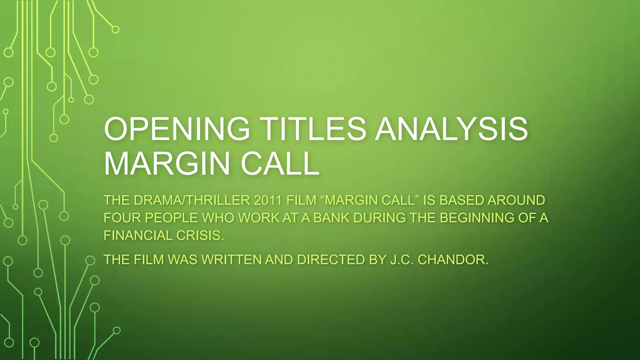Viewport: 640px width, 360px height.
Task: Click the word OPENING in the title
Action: pos(177,129)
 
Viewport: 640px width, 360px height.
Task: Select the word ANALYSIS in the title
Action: pos(452,129)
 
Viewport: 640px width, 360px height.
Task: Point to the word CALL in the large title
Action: pos(280,164)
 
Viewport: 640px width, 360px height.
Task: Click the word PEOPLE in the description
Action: pos(171,218)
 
